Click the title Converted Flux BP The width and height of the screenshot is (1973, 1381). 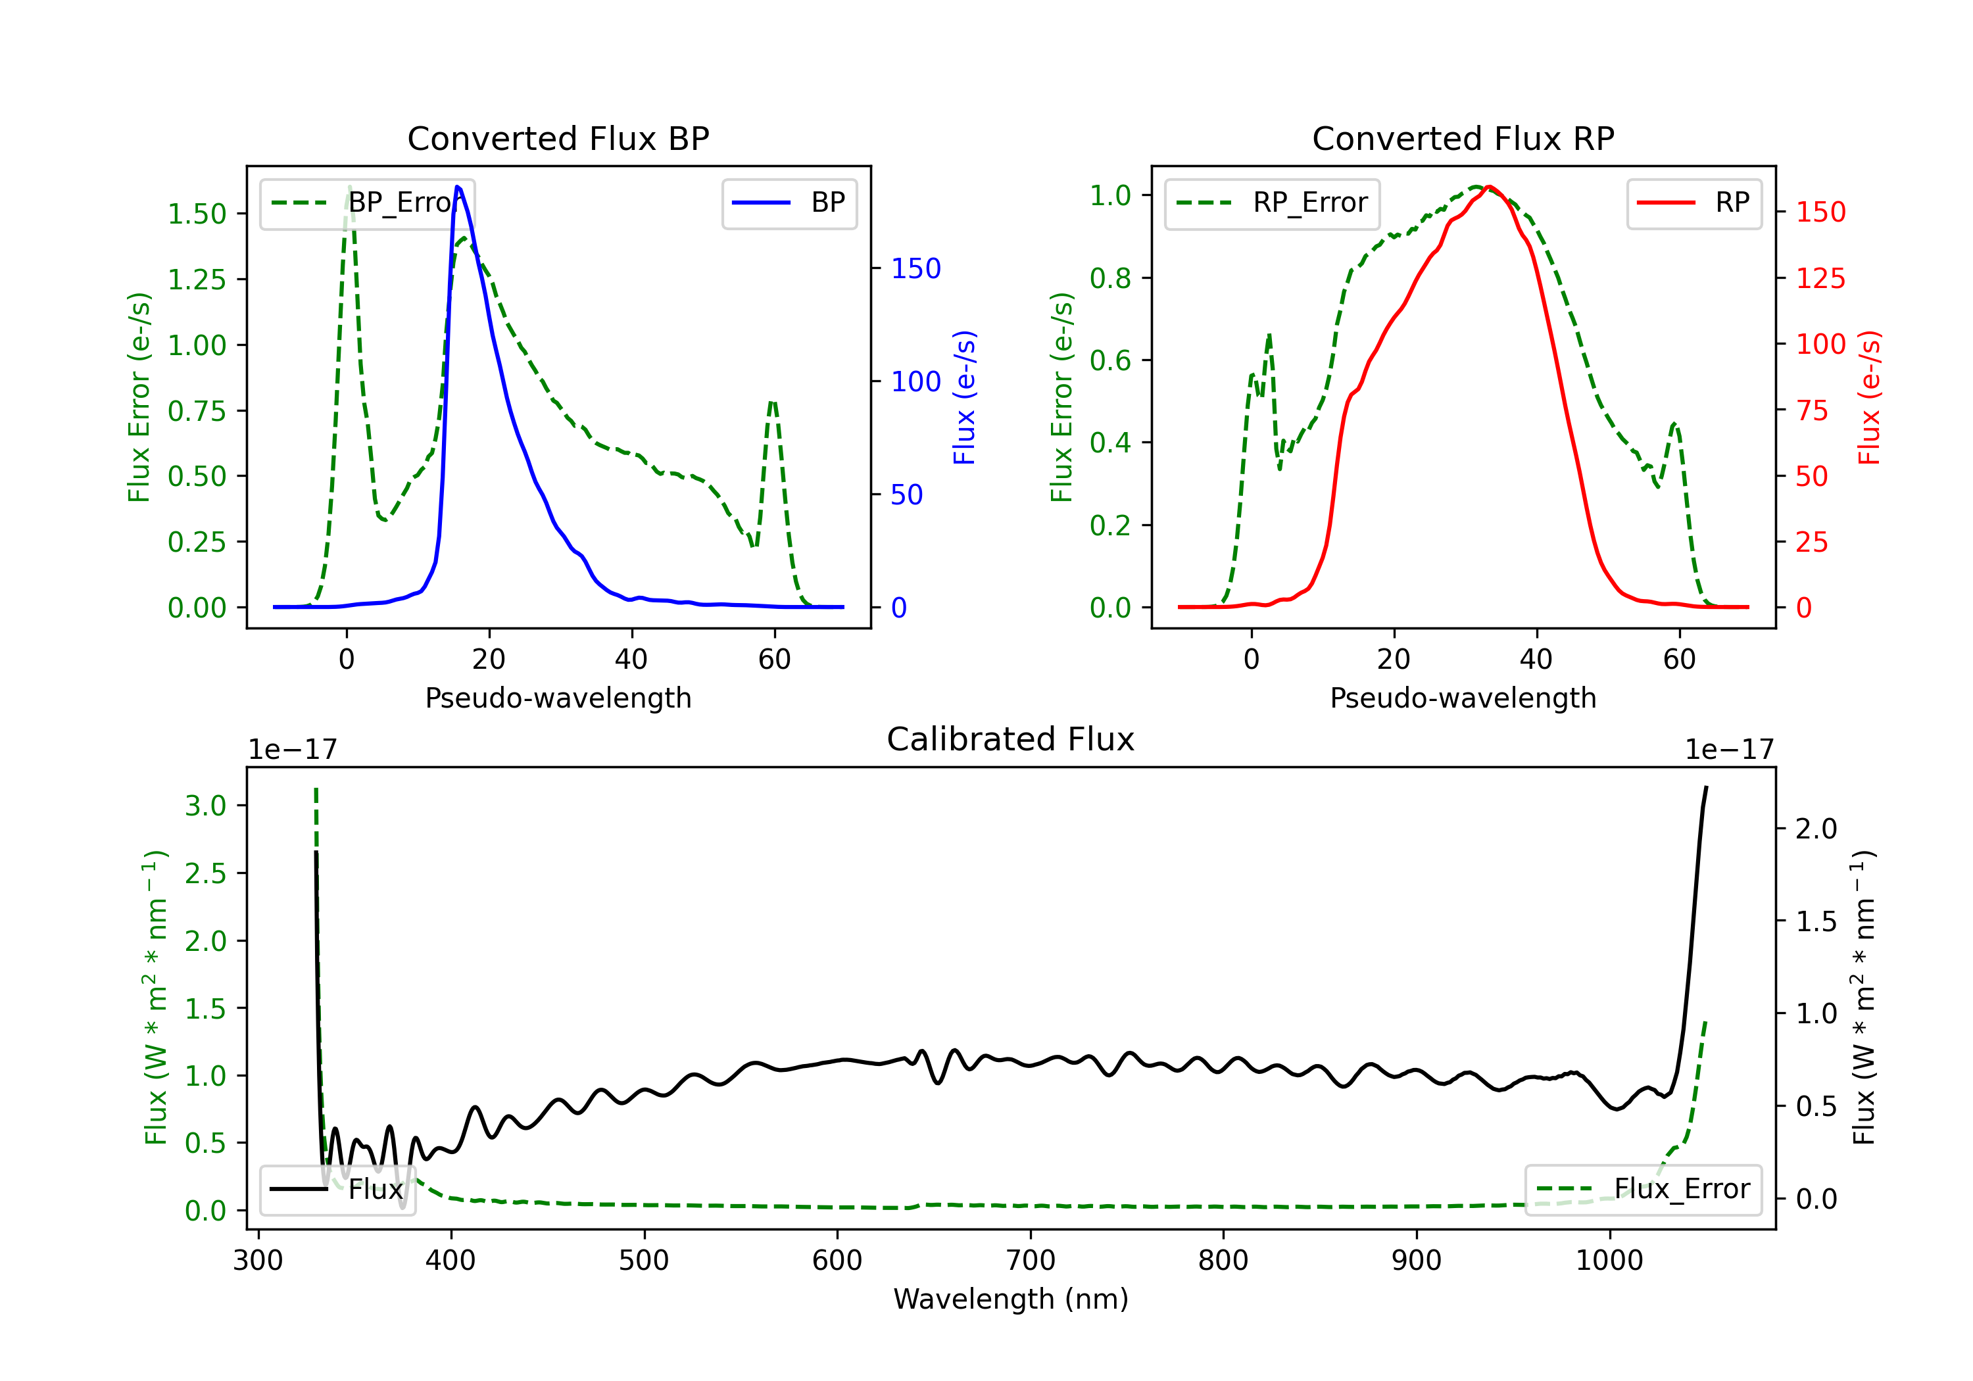[x=558, y=138]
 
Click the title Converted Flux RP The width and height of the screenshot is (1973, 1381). [x=1463, y=138]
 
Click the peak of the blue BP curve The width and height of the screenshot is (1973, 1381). [x=457, y=187]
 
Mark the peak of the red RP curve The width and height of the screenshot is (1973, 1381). [x=1489, y=187]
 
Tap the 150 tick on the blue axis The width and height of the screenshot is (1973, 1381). [x=915, y=268]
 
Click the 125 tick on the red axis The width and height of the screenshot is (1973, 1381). [x=1820, y=278]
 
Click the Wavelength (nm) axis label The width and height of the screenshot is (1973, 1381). [x=1011, y=1299]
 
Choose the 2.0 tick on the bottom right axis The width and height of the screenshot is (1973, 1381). [x=1816, y=829]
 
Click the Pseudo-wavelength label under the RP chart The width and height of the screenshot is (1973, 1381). [x=1463, y=698]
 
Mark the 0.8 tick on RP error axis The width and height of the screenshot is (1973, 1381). [x=1109, y=278]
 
